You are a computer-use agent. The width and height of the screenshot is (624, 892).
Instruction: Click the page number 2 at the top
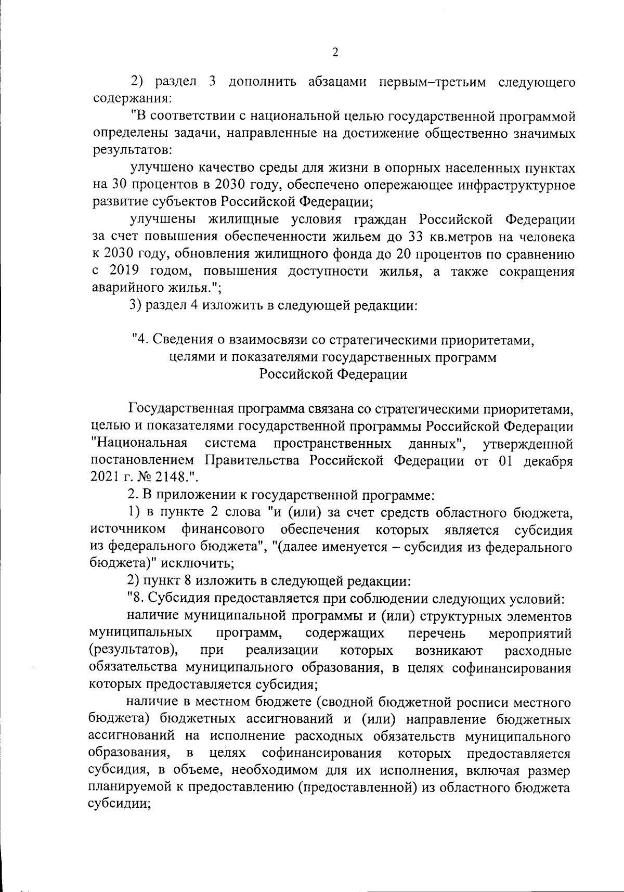tap(335, 53)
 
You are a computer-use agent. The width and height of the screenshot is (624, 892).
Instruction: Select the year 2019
tap(125, 272)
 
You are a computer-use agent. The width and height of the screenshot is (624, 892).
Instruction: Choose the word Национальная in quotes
tap(139, 444)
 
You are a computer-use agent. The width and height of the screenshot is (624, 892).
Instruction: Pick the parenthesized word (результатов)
tap(134, 651)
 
